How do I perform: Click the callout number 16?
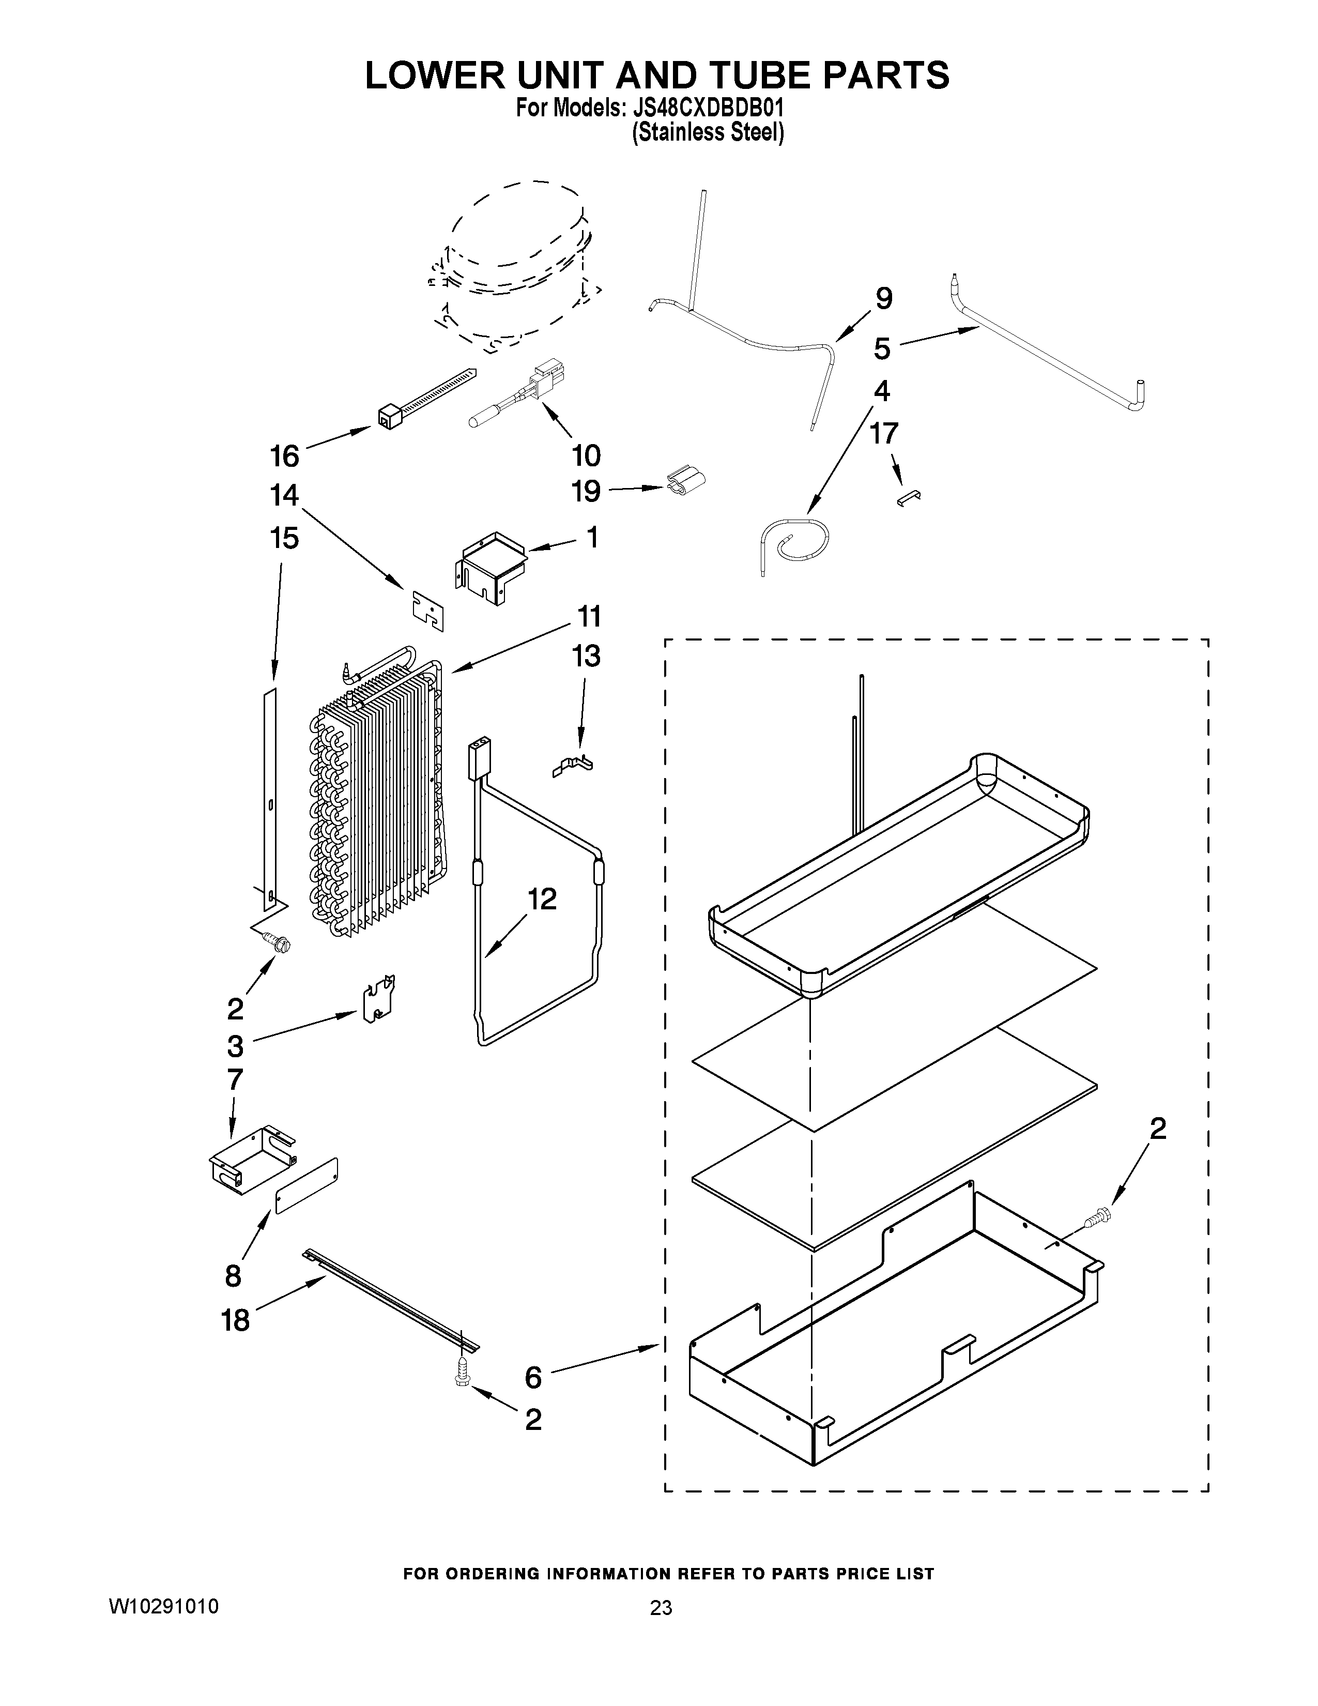point(284,456)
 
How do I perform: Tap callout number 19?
point(586,491)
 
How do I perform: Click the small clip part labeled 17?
point(909,498)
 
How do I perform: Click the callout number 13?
point(586,656)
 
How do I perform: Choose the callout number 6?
point(533,1378)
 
